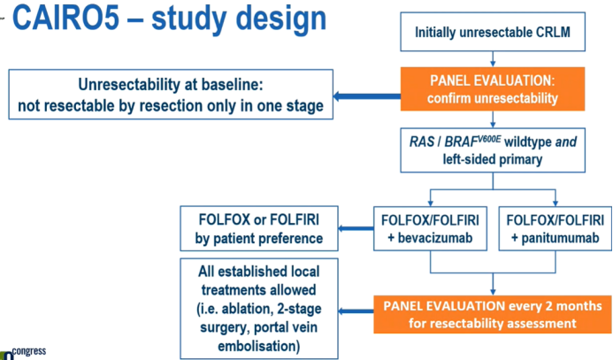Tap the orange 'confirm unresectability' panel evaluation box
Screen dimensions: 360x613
tap(492, 88)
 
